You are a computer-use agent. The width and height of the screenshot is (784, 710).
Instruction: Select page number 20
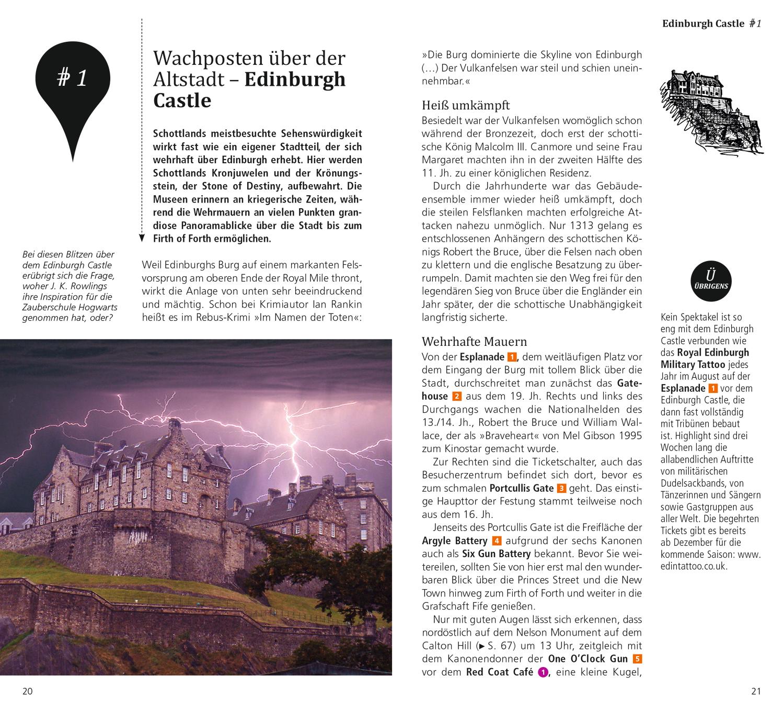click(x=27, y=691)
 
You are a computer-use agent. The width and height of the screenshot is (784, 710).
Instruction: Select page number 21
click(x=756, y=691)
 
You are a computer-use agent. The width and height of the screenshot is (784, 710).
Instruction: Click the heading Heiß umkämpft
click(x=466, y=105)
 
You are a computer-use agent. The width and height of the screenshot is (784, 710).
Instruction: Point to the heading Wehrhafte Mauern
click(x=474, y=342)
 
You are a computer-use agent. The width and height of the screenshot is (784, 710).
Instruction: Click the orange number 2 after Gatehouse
click(x=457, y=397)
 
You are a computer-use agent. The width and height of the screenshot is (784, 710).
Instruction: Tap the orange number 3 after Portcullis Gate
click(x=562, y=489)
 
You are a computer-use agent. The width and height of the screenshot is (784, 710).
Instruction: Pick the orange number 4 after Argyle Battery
click(x=497, y=541)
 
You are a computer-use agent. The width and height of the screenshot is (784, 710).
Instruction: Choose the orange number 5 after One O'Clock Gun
click(x=637, y=659)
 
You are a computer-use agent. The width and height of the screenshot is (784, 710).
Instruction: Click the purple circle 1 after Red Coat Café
click(x=543, y=673)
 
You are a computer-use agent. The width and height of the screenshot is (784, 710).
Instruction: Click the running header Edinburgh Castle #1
click(x=711, y=24)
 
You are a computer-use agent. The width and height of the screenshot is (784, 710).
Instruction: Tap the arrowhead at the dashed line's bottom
click(x=142, y=239)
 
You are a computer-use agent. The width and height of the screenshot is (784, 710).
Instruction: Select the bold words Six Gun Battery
click(x=496, y=554)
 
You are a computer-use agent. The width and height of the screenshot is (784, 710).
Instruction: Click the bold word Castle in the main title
click(x=182, y=100)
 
